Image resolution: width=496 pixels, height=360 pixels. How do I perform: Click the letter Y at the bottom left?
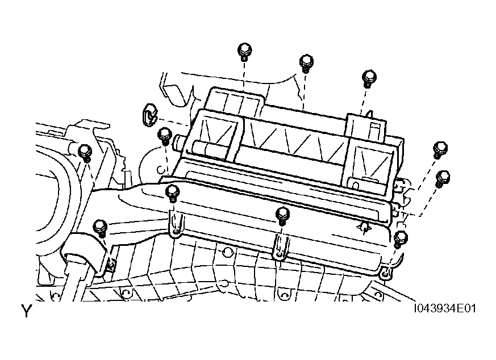click(x=27, y=311)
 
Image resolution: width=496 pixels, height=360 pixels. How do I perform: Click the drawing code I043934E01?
click(x=445, y=308)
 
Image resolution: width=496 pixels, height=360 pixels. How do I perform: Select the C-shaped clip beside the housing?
click(x=149, y=114)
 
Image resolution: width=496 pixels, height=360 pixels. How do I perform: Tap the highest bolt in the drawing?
click(x=244, y=52)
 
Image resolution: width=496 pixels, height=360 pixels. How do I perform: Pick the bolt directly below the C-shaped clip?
click(x=164, y=136)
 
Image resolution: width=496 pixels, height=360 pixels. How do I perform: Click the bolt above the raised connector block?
click(x=369, y=79)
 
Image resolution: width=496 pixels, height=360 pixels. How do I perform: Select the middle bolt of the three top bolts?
click(x=306, y=64)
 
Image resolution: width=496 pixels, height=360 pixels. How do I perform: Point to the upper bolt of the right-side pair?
click(x=440, y=150)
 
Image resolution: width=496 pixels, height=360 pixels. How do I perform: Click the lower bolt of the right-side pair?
click(x=442, y=179)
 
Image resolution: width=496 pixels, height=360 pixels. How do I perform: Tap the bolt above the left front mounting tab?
click(x=172, y=194)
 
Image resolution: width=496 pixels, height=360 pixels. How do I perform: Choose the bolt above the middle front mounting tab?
click(x=282, y=216)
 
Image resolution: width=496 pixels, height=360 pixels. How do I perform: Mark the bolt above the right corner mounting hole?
click(x=401, y=239)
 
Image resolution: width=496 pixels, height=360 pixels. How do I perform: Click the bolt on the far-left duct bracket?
click(x=85, y=153)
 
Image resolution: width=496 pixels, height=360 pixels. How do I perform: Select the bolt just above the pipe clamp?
click(x=100, y=228)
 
